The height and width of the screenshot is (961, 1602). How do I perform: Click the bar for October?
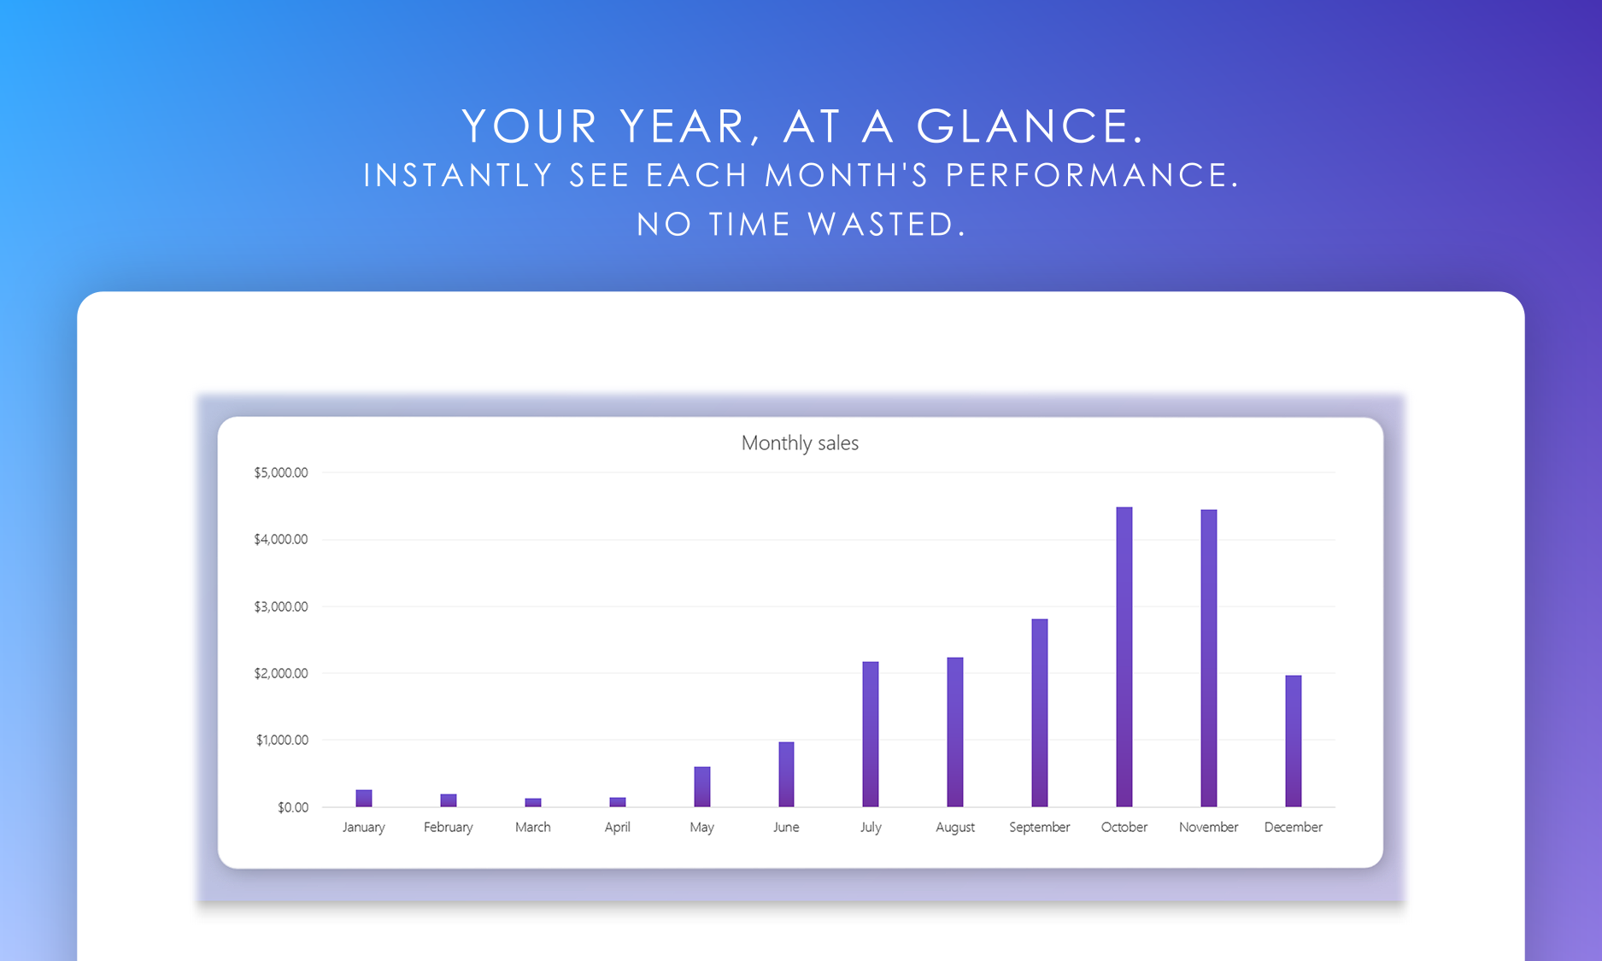click(x=1124, y=657)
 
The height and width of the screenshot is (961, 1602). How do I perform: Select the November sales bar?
click(x=1208, y=659)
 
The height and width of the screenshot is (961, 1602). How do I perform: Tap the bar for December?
click(x=1293, y=741)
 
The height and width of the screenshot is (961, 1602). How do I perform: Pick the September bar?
click(x=1039, y=713)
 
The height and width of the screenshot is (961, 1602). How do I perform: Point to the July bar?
click(x=870, y=735)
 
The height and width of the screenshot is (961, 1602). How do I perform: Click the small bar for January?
click(x=363, y=799)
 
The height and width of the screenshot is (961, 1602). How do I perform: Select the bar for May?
click(x=701, y=787)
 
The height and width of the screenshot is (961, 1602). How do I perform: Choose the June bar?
click(x=786, y=775)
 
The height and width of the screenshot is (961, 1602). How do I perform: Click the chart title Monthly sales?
click(x=800, y=443)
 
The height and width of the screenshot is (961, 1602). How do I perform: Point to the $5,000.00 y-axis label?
click(x=280, y=472)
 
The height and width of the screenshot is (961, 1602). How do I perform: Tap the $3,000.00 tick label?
click(x=280, y=606)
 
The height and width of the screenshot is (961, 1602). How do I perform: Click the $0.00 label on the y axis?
click(x=293, y=807)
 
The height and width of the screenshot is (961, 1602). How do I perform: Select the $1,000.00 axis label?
click(x=282, y=740)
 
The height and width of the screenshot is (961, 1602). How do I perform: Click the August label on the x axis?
click(x=954, y=828)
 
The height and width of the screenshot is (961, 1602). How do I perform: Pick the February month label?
click(x=448, y=828)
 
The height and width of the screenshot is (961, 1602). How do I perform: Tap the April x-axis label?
click(x=617, y=828)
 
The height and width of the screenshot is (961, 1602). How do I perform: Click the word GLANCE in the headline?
click(x=1030, y=126)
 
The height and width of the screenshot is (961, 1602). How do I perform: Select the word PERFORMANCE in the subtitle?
click(x=1092, y=175)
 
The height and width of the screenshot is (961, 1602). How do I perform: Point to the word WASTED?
click(x=887, y=225)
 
